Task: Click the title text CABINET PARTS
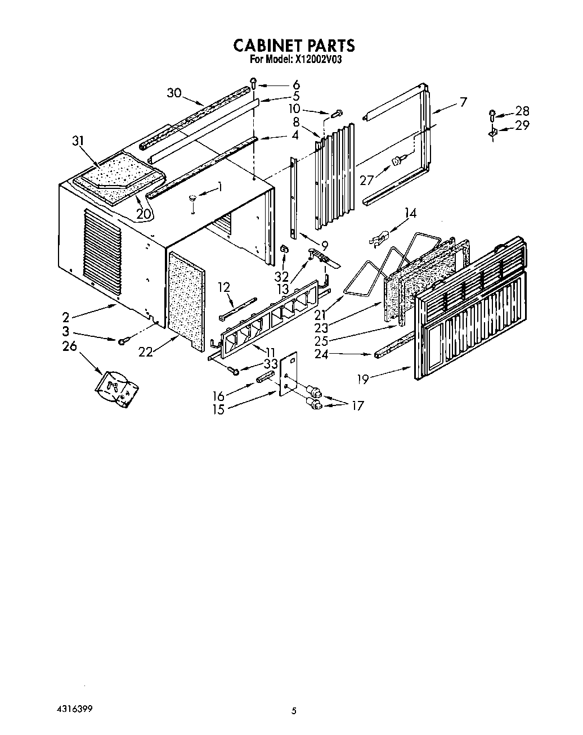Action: tap(293, 45)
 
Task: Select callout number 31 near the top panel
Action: tap(79, 142)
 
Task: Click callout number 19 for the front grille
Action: tap(362, 379)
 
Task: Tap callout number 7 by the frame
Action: tap(463, 102)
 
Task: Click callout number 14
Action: tap(411, 213)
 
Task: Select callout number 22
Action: tap(145, 351)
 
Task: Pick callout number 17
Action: tap(357, 405)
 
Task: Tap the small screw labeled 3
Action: tap(122, 341)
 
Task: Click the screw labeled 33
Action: tap(234, 370)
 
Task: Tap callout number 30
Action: tap(174, 93)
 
